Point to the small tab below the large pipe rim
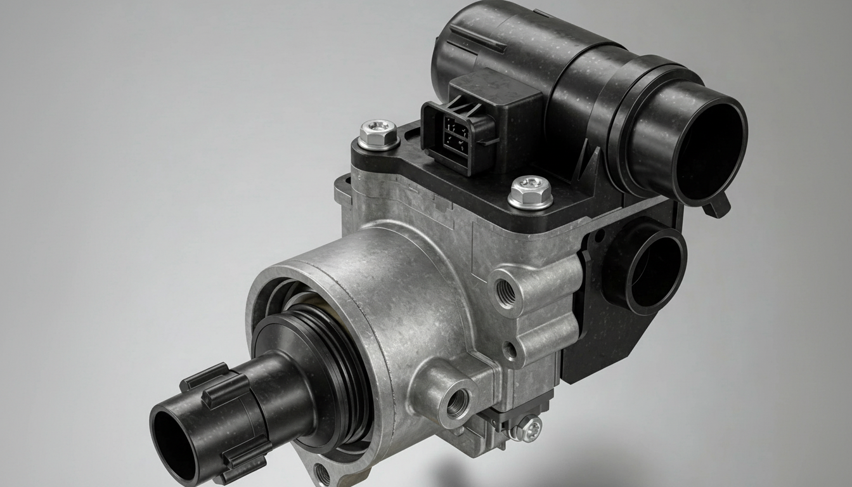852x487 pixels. point(718,207)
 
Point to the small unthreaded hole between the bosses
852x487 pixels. point(510,348)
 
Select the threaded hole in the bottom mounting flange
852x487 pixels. point(323,474)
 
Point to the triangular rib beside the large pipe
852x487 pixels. point(593,162)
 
